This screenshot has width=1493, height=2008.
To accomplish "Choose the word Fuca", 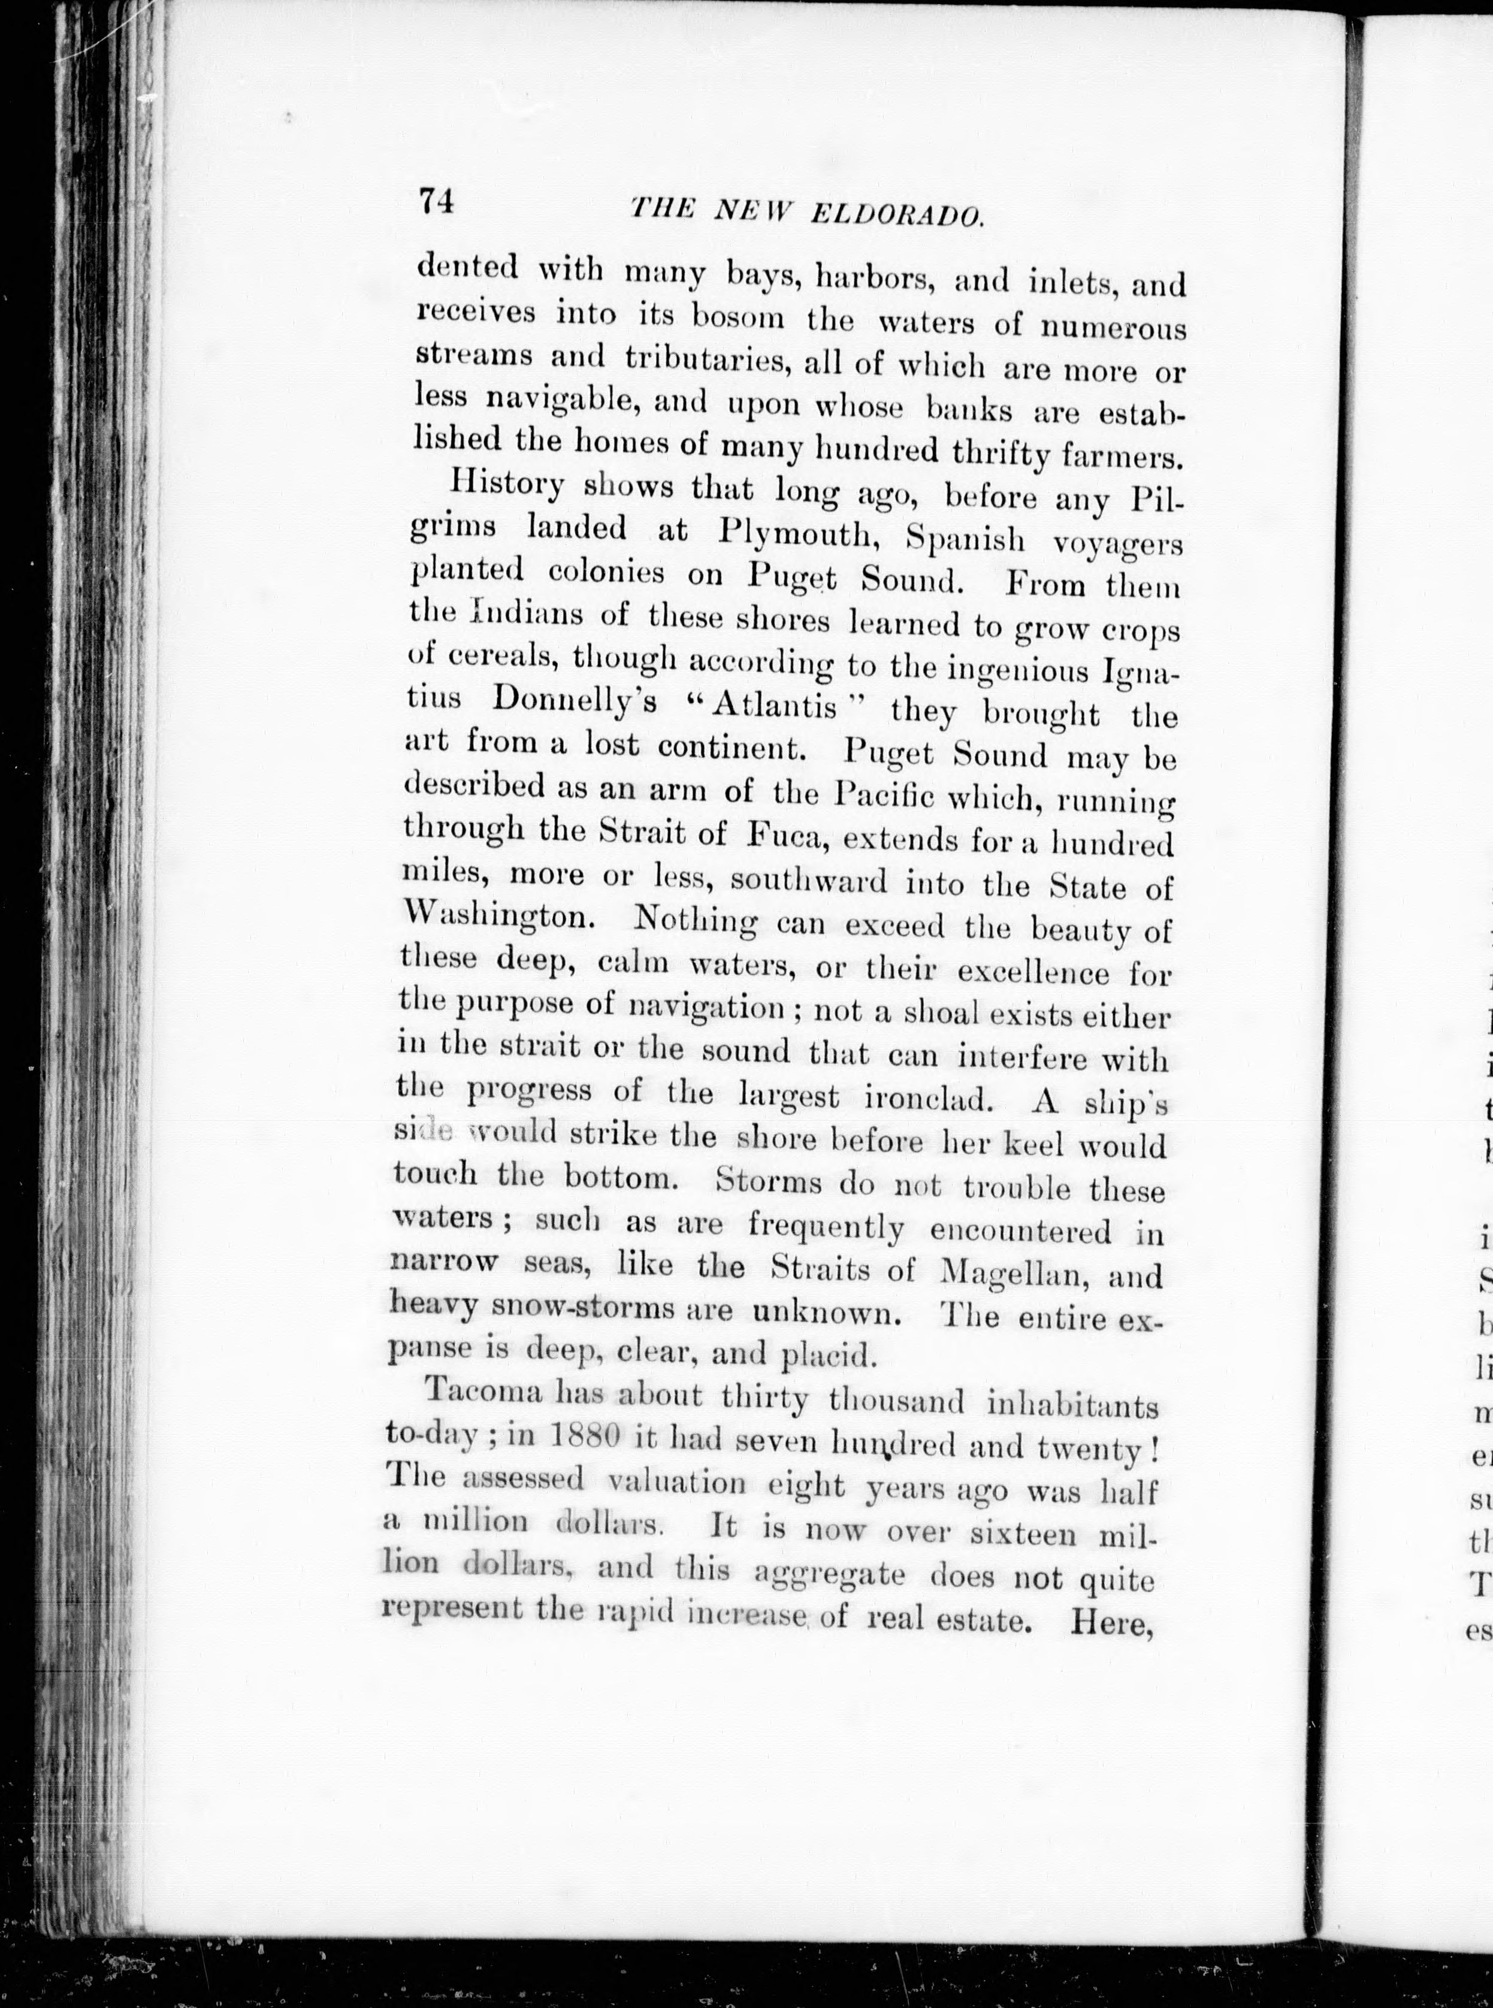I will click(784, 835).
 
